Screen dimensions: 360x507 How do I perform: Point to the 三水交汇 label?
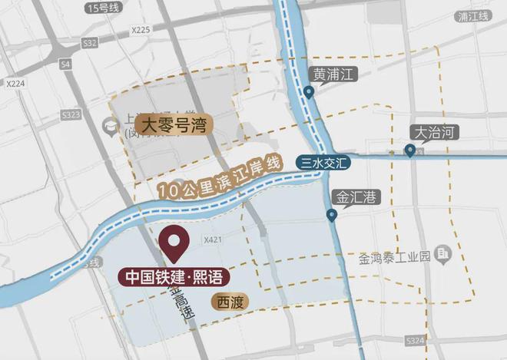[322, 162]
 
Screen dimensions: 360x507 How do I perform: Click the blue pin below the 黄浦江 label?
[309, 92]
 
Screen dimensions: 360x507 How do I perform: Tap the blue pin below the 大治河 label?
[411, 150]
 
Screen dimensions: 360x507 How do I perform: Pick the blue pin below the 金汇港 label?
[332, 216]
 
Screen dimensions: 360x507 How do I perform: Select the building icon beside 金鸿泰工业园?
[442, 253]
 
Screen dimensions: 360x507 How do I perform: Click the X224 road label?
[16, 83]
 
